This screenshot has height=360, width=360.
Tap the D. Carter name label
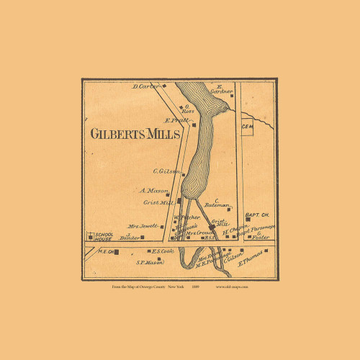(146, 86)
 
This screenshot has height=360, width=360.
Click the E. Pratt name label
(176, 120)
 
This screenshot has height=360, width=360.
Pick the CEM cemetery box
(248, 127)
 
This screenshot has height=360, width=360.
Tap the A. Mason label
(155, 191)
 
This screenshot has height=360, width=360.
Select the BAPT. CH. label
(256, 215)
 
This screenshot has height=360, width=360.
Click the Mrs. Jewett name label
(143, 226)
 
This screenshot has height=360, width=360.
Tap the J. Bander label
(132, 236)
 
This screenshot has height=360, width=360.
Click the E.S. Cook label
(163, 251)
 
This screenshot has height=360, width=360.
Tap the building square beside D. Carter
(165, 86)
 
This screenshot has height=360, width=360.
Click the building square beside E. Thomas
(266, 251)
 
